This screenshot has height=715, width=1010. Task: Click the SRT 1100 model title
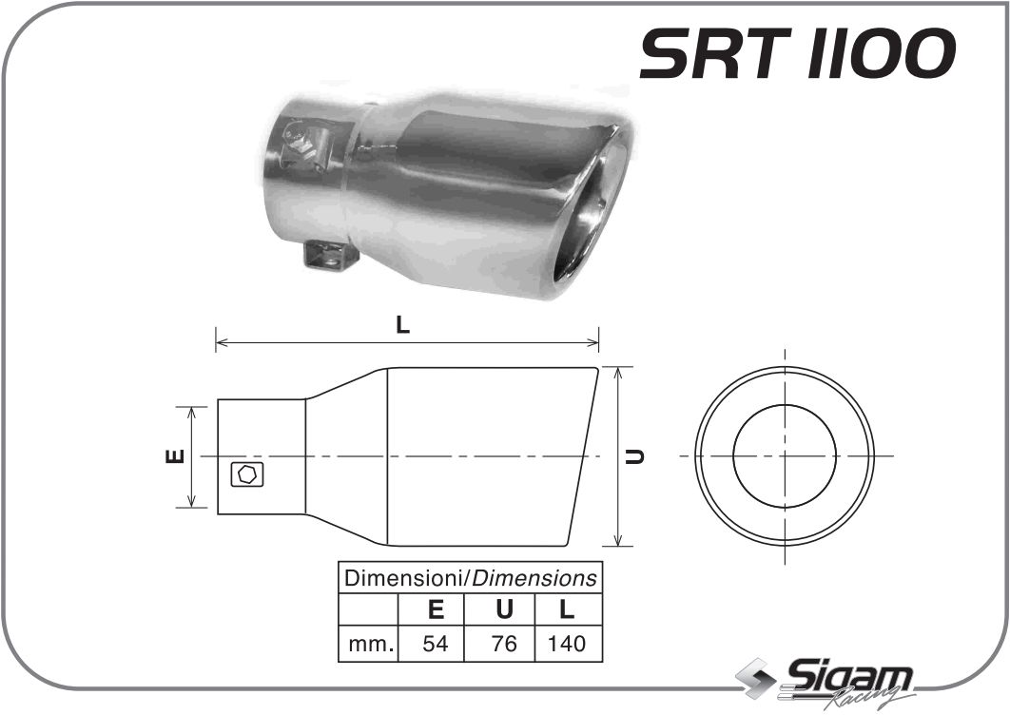(797, 54)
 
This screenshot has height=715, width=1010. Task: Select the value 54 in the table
(435, 644)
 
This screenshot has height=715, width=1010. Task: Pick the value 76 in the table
(504, 644)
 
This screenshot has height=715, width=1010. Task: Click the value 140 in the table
(567, 644)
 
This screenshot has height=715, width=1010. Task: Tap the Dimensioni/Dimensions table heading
(471, 577)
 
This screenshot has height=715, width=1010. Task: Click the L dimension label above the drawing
(402, 325)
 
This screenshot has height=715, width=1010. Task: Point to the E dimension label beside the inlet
(174, 456)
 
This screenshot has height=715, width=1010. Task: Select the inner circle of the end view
(785, 456)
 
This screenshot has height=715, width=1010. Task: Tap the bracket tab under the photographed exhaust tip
(329, 255)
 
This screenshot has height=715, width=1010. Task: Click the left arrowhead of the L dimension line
(221, 339)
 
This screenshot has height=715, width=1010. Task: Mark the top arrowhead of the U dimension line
(620, 372)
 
